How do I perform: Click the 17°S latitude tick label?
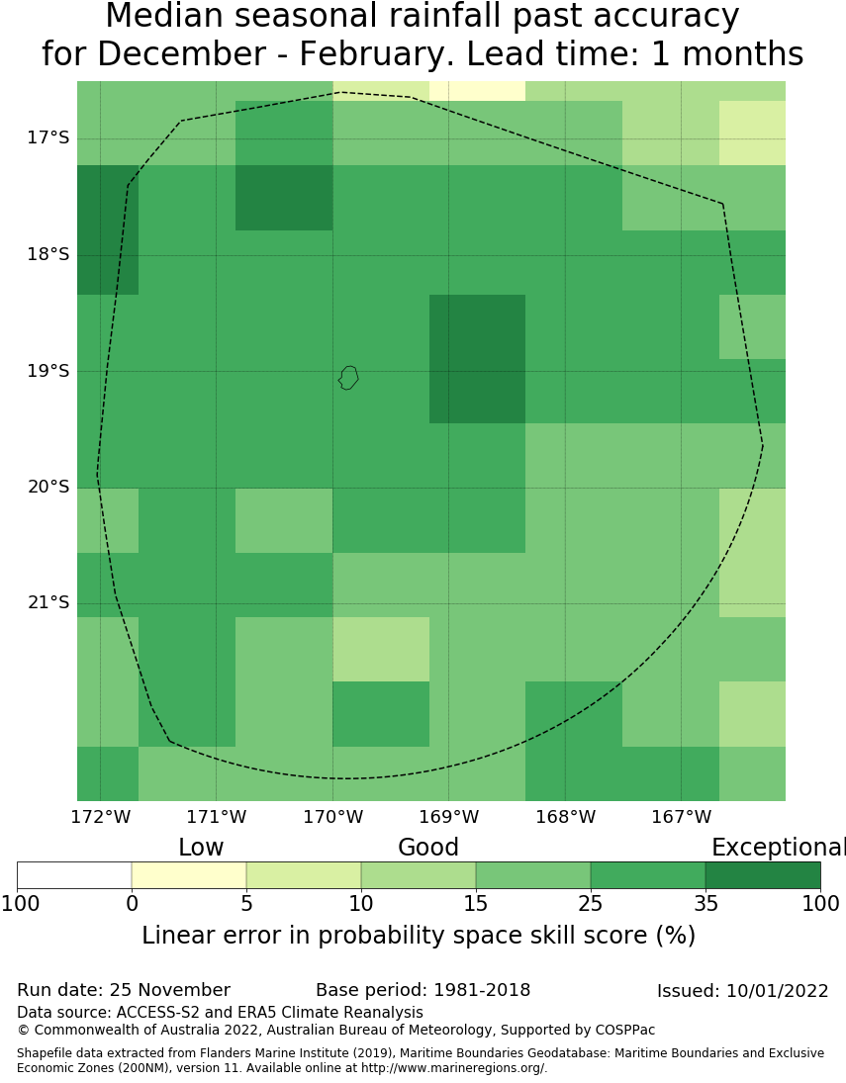click(47, 137)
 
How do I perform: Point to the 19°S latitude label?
click(47, 371)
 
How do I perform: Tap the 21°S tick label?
click(47, 602)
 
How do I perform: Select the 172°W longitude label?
click(100, 817)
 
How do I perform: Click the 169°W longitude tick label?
click(448, 817)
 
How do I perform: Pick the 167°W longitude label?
click(681, 817)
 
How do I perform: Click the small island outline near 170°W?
click(347, 377)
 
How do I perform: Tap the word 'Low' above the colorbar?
click(201, 848)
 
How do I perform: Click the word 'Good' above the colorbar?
click(428, 848)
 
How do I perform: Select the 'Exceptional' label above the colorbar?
click(778, 848)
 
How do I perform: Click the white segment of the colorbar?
click(74, 875)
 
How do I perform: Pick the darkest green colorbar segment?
click(763, 875)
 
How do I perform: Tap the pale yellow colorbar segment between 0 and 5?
click(189, 875)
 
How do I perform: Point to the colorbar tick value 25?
click(591, 903)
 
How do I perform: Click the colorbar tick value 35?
click(705, 903)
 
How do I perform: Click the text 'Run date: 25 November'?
click(124, 990)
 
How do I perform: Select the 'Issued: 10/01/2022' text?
click(742, 991)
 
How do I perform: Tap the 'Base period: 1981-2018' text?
click(423, 990)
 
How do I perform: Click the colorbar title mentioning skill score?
click(419, 936)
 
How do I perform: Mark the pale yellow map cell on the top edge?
click(477, 90)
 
